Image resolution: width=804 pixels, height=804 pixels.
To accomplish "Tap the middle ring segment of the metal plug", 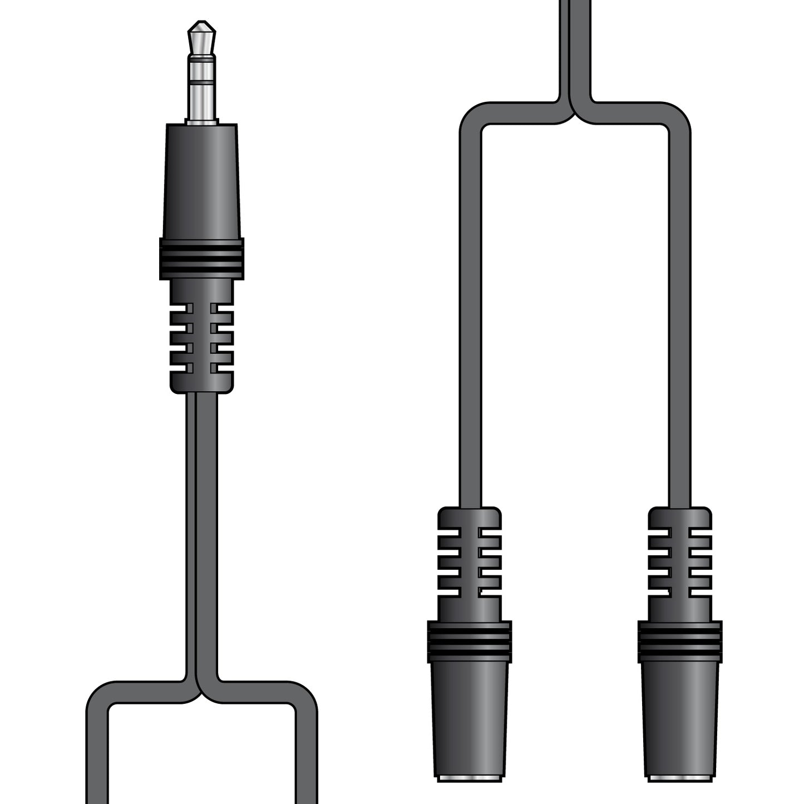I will click(x=201, y=68).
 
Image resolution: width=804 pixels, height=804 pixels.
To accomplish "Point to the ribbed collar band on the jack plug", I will click(x=201, y=259).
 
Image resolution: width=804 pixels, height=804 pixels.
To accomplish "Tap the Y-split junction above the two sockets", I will click(x=574, y=111).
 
